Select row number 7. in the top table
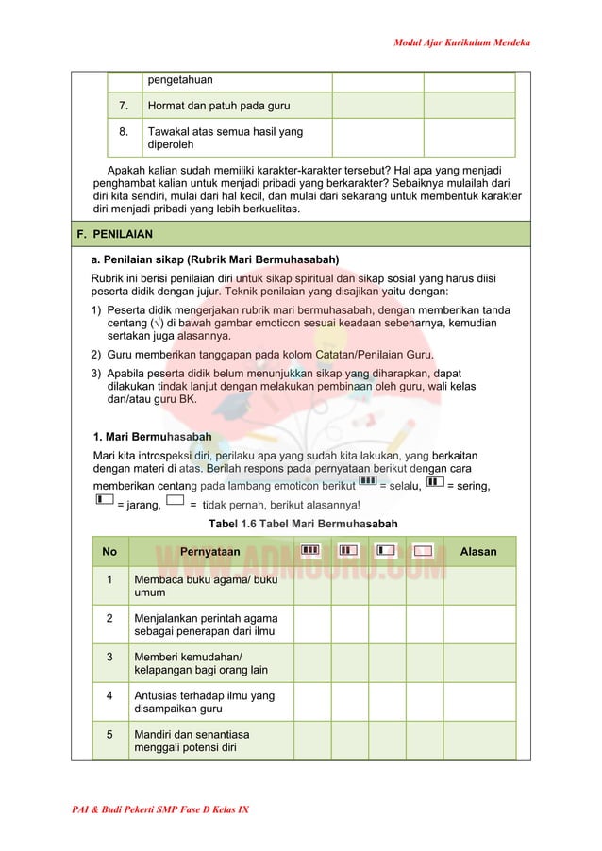pos(124,106)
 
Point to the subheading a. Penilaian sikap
pos(214,259)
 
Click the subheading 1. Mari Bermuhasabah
pos(151,436)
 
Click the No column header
pos(109,551)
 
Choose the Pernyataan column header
pos(209,551)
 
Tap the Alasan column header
pos(477,551)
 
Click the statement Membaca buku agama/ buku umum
pos(205,586)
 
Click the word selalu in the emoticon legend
pos(400,485)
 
